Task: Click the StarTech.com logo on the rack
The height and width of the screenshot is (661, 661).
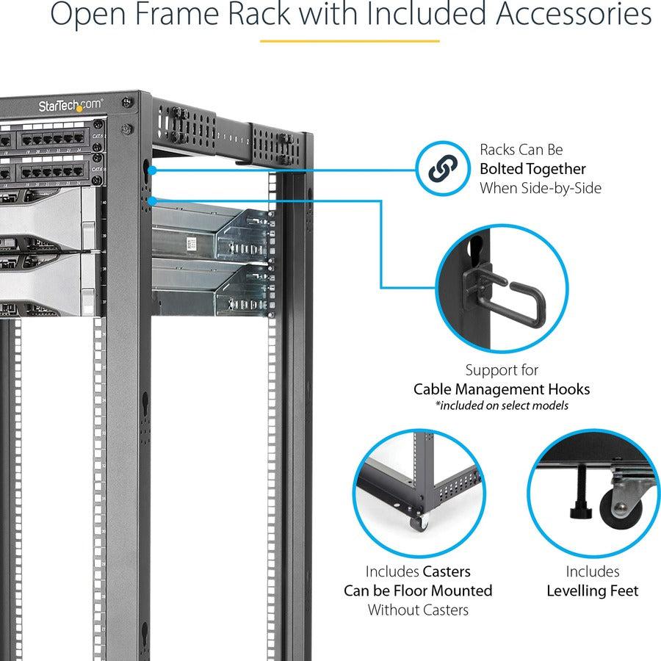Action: (71, 106)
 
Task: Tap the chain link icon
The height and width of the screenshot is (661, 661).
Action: (442, 170)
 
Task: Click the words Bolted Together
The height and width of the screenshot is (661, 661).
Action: (532, 169)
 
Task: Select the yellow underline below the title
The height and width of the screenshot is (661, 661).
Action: (350, 40)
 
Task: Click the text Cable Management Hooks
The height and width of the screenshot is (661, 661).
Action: (502, 389)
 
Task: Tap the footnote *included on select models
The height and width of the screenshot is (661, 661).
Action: (502, 405)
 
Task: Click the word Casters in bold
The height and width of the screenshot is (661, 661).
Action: (447, 571)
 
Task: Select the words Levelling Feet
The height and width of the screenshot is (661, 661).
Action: (592, 590)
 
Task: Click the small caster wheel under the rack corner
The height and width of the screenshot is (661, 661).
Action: (419, 522)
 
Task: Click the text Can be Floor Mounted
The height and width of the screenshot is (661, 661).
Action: (418, 590)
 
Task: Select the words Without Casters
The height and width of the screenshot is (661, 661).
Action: (418, 610)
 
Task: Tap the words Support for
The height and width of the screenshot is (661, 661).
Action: (502, 370)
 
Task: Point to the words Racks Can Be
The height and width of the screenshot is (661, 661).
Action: (521, 150)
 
